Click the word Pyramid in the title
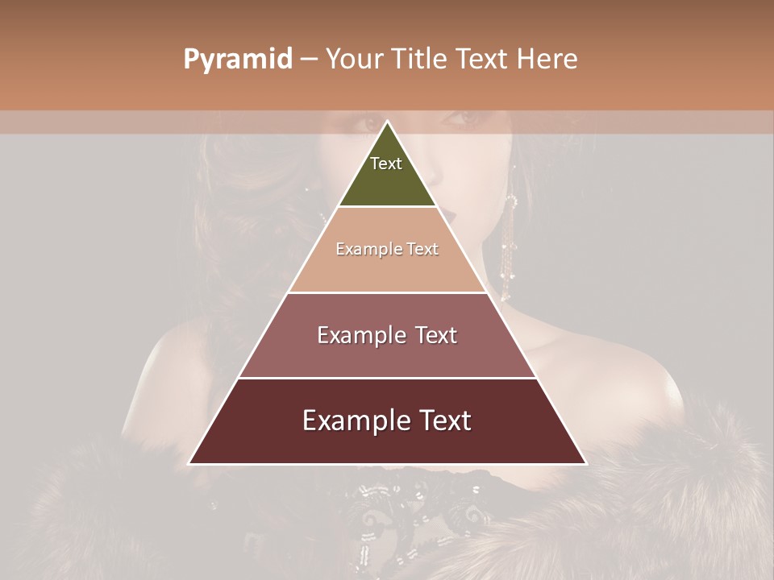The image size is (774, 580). coord(237,60)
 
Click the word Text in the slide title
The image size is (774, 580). coord(483,60)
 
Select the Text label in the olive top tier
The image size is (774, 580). coord(386,164)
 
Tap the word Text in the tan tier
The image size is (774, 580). coord(422,249)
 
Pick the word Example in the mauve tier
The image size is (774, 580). coord(359,335)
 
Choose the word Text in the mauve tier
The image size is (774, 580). coord(436,335)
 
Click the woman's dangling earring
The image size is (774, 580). coord(509,242)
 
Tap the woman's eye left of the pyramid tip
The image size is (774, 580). coord(367,124)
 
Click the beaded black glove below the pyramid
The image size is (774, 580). coord(403,499)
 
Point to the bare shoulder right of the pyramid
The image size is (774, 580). coord(613,362)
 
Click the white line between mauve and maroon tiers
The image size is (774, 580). coord(388,378)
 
